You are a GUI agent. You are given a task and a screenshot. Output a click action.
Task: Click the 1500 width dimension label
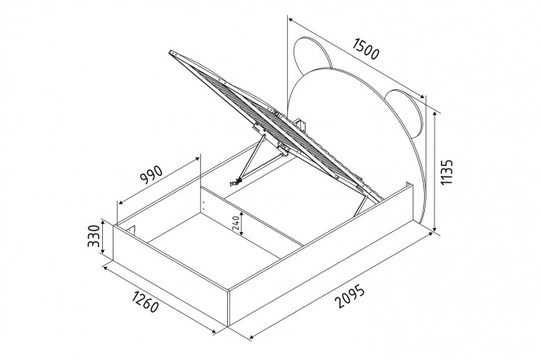[366, 49]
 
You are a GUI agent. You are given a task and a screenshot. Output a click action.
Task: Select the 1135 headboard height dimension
[447, 172]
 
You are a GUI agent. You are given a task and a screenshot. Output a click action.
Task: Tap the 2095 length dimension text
[349, 296]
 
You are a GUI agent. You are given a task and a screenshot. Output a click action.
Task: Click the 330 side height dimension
[94, 236]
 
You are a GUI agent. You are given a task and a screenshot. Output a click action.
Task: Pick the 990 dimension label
[151, 174]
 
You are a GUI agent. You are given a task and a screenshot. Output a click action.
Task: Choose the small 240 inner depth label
[236, 224]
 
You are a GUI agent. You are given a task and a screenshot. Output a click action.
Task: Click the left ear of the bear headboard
[311, 54]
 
